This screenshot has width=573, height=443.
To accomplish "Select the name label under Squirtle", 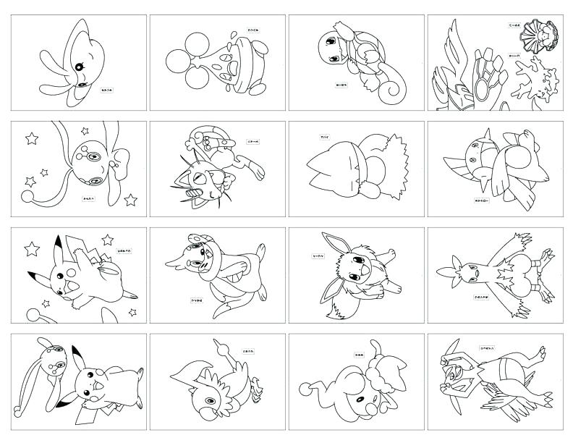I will tap(341, 85).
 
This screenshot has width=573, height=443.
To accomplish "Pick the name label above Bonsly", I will tap(233, 31).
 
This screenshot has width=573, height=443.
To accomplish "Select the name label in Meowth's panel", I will tap(252, 142).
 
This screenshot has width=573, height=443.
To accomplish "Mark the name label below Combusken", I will tap(478, 297).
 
